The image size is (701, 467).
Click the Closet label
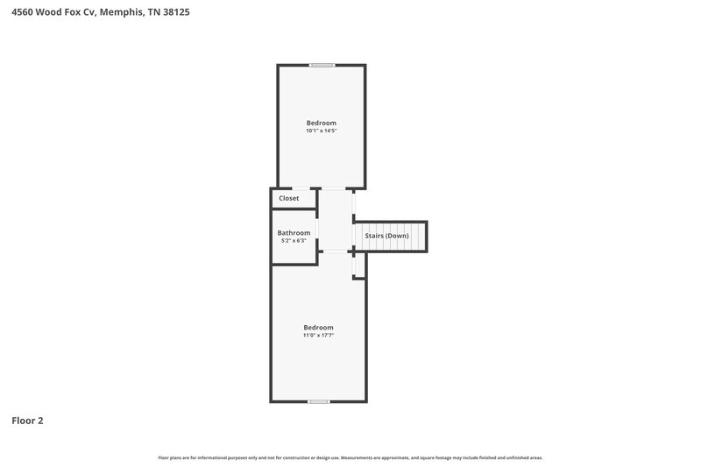288,199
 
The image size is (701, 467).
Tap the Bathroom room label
294,233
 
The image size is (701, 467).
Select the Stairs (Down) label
386,236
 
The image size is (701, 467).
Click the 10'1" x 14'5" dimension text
321,131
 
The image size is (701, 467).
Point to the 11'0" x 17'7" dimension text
318,335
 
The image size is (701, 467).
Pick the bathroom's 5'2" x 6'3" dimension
294,240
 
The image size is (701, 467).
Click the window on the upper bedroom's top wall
322,65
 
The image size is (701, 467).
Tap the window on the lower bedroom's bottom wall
318,401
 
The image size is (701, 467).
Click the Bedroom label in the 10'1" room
321,123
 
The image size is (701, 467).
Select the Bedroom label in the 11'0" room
318,327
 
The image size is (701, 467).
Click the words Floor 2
27,421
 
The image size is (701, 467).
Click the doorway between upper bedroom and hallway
333,188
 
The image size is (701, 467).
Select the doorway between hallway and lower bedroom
336,251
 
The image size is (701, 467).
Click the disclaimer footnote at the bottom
350,457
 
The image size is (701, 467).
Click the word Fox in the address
73,13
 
